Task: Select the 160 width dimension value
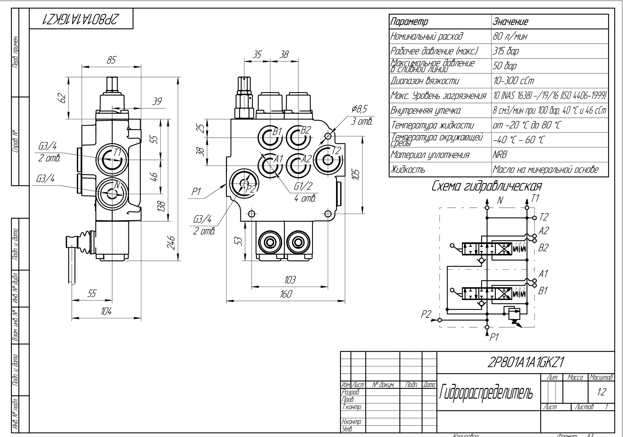286,294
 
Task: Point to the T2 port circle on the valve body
328,160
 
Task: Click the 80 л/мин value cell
510,36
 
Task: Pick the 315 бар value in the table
506,51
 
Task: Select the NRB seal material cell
500,155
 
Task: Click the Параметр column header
409,22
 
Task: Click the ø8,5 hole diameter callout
359,109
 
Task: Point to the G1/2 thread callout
303,186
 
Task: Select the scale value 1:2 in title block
601,392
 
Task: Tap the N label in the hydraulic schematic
500,200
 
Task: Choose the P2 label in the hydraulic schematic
426,314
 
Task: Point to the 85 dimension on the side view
111,60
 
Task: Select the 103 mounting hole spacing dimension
290,280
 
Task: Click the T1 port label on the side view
117,153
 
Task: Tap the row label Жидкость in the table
408,170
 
